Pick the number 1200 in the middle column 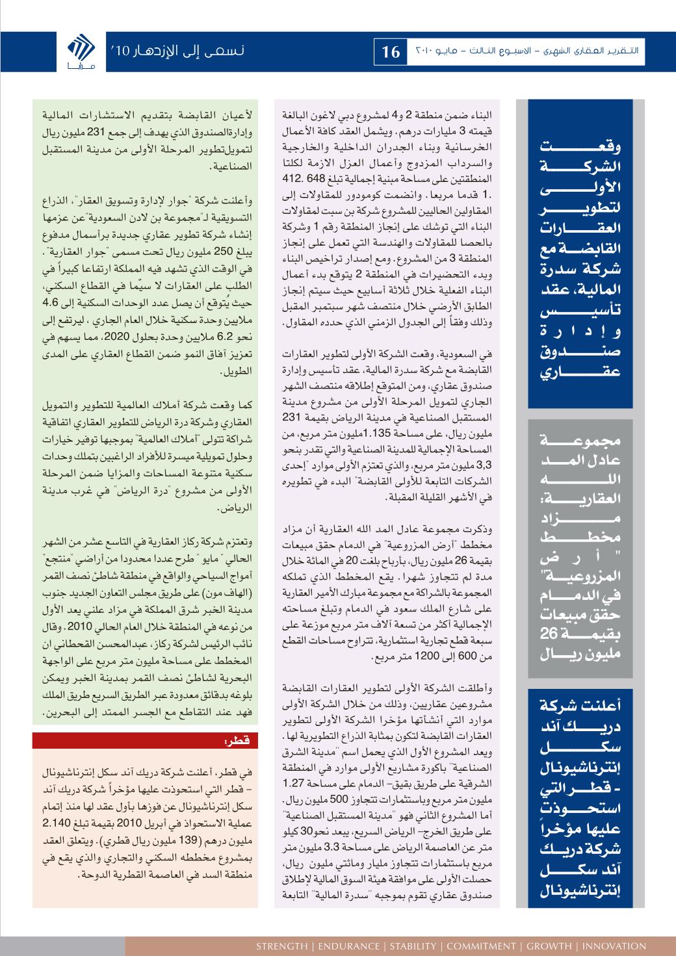click(x=442, y=658)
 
